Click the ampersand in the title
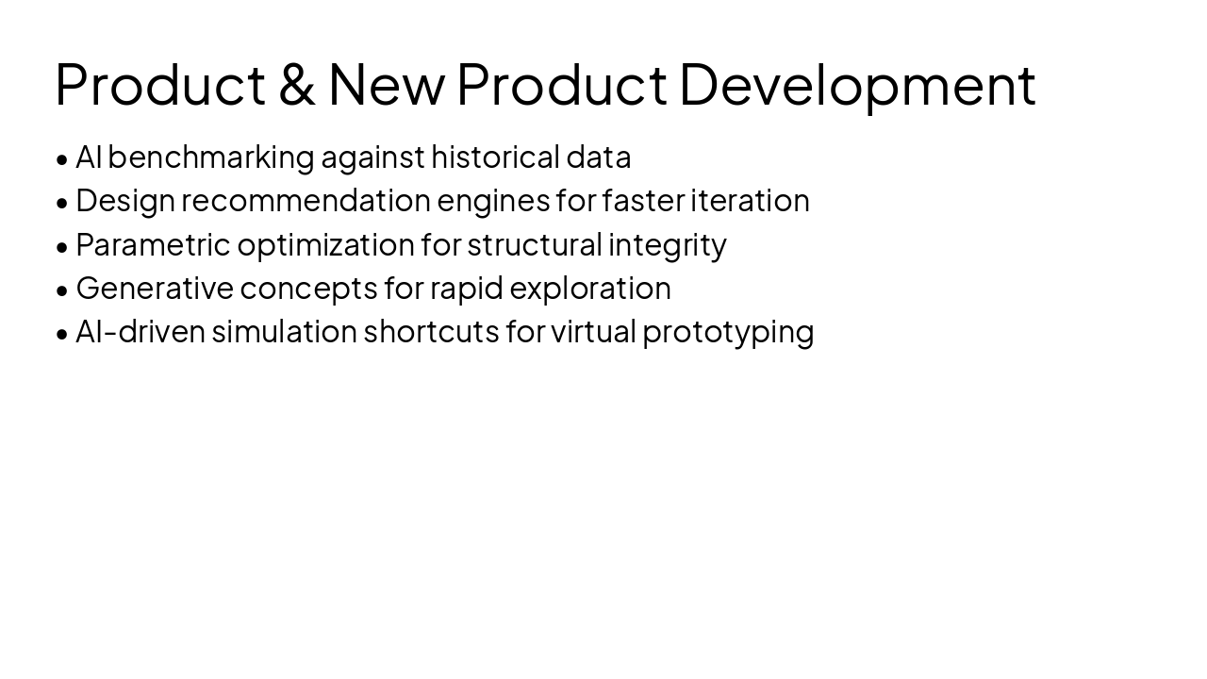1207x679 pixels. coord(296,84)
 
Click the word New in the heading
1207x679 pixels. coord(386,84)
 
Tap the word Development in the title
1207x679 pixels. coord(857,84)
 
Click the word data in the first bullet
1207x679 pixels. coord(598,157)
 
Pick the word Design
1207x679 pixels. coord(125,201)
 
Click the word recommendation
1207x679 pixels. coord(306,201)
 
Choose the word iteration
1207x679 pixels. coord(750,201)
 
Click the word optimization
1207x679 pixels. coord(325,245)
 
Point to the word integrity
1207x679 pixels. coord(667,245)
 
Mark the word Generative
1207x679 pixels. coord(155,289)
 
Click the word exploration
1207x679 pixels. coord(590,289)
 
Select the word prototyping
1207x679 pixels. coord(728,333)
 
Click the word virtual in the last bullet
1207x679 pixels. coord(593,332)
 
